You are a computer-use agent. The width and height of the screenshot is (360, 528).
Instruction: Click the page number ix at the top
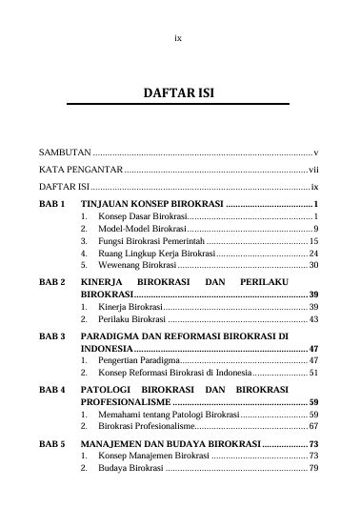coord(179,39)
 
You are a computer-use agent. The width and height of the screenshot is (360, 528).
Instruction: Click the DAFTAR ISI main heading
coord(179,96)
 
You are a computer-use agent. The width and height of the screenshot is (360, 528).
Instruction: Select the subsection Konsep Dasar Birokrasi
coord(134,218)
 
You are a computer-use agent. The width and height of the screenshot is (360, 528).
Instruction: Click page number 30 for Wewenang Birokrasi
coord(313,267)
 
